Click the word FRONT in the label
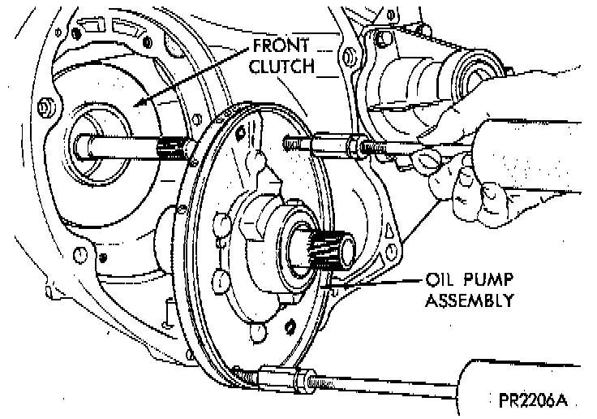point(281,46)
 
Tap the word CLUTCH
point(281,67)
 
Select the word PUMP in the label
point(488,280)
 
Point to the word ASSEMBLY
point(470,300)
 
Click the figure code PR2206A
point(533,400)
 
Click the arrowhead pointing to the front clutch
point(143,102)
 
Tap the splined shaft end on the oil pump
point(330,250)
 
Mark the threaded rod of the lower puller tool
point(384,384)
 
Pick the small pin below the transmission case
point(168,313)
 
